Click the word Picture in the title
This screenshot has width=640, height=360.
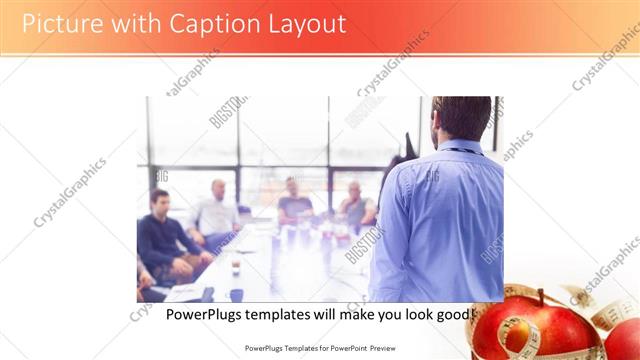tap(57, 23)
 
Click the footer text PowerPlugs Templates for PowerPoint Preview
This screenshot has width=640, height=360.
tap(319, 349)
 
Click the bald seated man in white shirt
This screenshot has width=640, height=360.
tap(216, 210)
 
